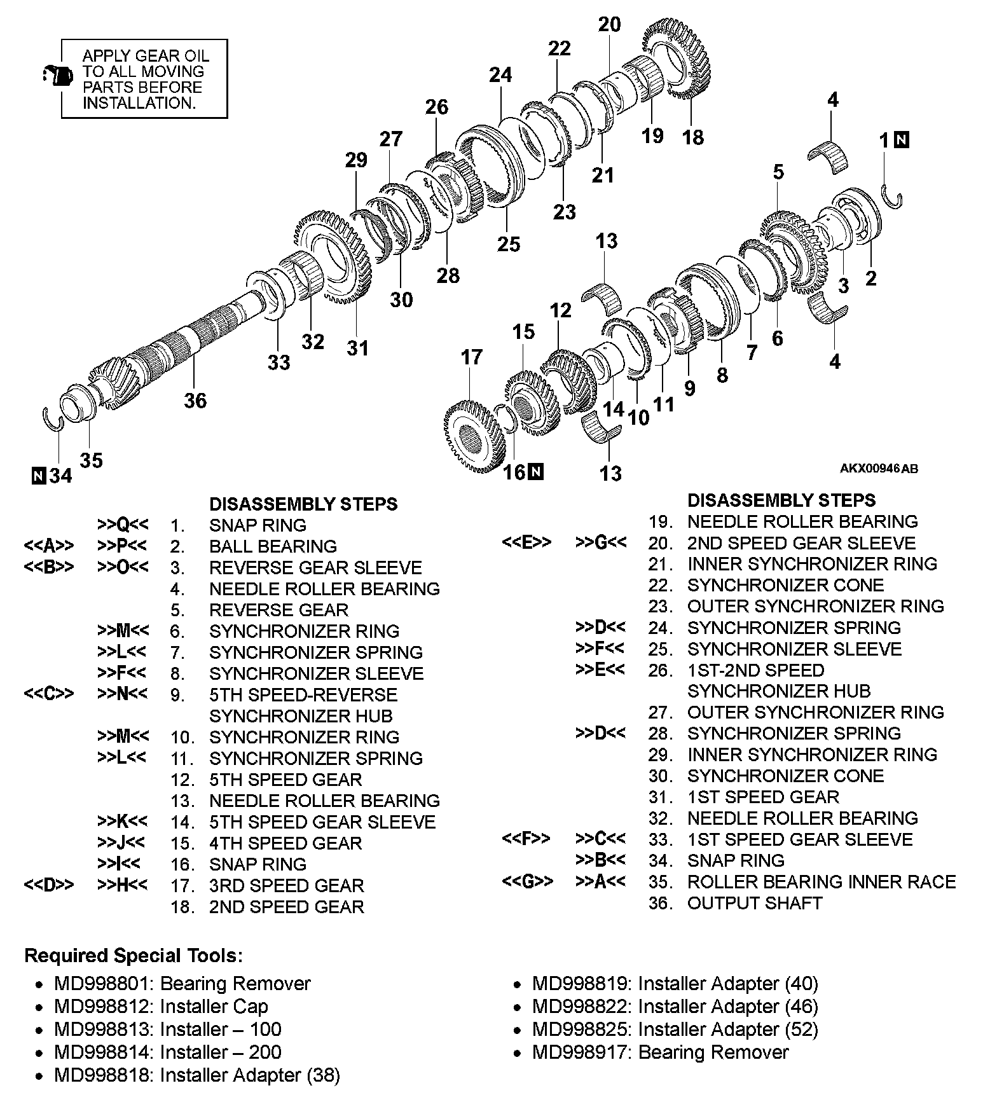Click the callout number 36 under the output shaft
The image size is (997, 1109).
coord(195,401)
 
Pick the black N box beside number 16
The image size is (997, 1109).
coord(536,472)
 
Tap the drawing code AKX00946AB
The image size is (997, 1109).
coord(879,469)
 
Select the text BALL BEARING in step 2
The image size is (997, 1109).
coord(273,546)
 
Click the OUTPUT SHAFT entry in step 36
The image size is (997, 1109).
coord(755,903)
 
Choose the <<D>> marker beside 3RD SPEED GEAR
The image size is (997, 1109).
coord(48,885)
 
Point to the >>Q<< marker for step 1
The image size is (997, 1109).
coord(123,525)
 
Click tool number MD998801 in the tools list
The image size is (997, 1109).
coord(103,984)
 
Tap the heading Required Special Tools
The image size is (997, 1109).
coord(134,956)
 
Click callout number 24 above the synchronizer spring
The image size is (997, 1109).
coord(500,75)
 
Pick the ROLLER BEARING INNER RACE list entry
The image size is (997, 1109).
coord(821,882)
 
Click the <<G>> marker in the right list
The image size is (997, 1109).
coord(527,882)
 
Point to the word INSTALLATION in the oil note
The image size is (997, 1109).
coord(139,103)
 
